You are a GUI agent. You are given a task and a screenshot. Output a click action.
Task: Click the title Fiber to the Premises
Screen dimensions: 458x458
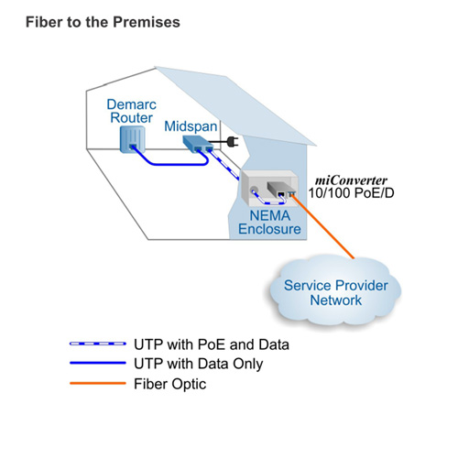click(x=103, y=23)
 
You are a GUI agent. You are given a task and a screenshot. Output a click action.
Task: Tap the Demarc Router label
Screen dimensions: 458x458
click(x=132, y=111)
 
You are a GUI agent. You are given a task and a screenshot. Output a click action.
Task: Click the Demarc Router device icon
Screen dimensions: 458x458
click(x=132, y=139)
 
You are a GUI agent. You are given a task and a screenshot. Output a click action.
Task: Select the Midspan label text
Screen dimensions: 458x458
click(x=191, y=126)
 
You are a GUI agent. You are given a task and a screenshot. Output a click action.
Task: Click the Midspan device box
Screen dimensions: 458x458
click(x=198, y=144)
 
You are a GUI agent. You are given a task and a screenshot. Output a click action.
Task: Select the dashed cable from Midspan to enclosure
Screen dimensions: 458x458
click(x=225, y=165)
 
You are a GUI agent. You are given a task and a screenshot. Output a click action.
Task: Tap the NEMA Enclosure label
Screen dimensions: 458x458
click(x=269, y=223)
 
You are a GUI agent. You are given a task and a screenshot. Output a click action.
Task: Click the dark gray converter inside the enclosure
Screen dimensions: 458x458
click(x=278, y=189)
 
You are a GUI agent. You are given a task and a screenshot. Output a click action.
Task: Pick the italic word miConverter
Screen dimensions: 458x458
click(x=351, y=180)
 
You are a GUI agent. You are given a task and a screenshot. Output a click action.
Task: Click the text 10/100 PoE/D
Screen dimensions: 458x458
click(x=351, y=193)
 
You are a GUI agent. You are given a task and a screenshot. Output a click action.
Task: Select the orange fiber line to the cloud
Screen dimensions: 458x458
click(x=322, y=226)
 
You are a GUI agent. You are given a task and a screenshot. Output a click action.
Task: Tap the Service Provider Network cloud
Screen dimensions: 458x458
click(x=335, y=291)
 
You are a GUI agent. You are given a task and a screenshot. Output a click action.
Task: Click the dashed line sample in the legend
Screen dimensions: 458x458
click(x=98, y=343)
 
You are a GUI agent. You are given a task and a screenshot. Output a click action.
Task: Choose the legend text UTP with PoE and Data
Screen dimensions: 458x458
click(x=212, y=344)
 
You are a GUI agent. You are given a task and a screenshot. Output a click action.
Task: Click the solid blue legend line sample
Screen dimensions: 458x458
click(x=98, y=363)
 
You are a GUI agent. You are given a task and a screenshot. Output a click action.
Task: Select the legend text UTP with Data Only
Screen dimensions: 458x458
click(x=198, y=364)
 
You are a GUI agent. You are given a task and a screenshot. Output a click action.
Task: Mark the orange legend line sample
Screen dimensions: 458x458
click(x=98, y=383)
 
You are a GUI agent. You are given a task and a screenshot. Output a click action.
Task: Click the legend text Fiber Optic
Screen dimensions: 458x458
click(x=169, y=384)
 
